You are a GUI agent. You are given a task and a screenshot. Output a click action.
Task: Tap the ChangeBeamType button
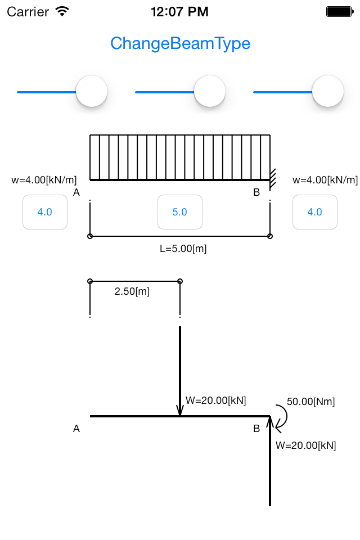(x=180, y=44)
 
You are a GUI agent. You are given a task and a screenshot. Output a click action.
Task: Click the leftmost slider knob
(x=92, y=91)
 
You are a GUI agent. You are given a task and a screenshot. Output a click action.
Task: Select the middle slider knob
(x=210, y=91)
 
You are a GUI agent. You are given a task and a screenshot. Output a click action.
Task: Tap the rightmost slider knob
(x=328, y=91)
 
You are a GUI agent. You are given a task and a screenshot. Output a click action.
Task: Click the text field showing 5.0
(x=180, y=212)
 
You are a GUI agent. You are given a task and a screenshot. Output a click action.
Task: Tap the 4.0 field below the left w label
(x=45, y=212)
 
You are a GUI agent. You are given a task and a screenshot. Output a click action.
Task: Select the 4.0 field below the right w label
(x=315, y=212)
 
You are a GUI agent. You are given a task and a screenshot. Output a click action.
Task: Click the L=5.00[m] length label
(x=183, y=249)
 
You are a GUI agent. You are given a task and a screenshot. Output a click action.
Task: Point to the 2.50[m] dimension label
(x=132, y=291)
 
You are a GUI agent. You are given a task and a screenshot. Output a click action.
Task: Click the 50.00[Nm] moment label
(x=310, y=402)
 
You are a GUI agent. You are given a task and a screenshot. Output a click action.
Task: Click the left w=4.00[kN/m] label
(x=44, y=180)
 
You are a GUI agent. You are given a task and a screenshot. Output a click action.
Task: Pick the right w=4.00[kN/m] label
(x=325, y=180)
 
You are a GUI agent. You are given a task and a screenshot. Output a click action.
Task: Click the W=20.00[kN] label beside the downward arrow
(x=215, y=400)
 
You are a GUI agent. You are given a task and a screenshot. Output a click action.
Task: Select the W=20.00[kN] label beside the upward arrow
(x=305, y=445)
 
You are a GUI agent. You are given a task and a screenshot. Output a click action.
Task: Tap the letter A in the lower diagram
(x=76, y=429)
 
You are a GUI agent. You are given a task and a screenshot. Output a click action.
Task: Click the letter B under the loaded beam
(x=256, y=192)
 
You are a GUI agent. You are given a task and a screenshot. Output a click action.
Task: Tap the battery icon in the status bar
(x=340, y=12)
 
